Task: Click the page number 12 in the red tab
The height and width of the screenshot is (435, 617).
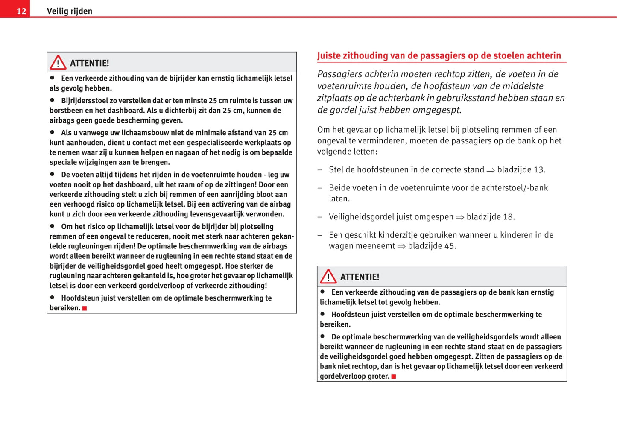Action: [21, 11]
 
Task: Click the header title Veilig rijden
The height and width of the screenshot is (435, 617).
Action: [69, 11]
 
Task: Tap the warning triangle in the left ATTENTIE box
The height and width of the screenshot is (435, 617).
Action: [58, 63]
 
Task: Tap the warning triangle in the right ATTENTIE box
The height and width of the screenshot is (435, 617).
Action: [328, 277]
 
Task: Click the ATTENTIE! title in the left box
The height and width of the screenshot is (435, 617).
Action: [89, 63]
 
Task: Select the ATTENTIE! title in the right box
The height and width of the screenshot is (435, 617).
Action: [360, 277]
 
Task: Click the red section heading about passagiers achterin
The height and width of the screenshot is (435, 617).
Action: [439, 55]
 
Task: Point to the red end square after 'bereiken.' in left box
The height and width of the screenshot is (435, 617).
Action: [85, 308]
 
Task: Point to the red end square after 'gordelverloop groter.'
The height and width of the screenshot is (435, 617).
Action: [394, 377]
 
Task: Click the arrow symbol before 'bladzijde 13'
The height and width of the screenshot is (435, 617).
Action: [491, 170]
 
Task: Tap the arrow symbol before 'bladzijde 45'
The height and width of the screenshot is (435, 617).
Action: [401, 246]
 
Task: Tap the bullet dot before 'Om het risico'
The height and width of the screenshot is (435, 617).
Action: [53, 226]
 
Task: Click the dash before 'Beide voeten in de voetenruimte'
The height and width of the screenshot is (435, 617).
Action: [320, 188]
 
